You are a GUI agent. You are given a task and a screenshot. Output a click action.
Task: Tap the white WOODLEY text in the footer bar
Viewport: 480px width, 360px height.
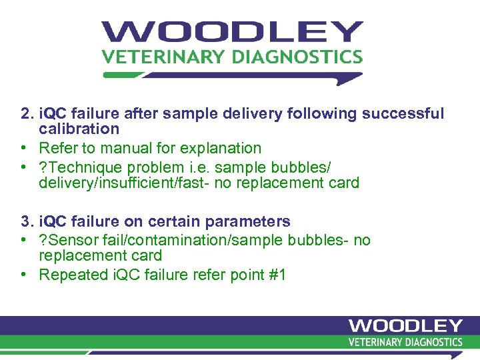[405, 326]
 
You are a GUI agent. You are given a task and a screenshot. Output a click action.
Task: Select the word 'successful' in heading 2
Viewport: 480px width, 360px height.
[403, 113]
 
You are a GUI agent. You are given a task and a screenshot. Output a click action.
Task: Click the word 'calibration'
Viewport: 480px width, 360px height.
[79, 129]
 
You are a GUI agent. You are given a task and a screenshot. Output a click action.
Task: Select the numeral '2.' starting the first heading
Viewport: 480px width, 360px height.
[26, 113]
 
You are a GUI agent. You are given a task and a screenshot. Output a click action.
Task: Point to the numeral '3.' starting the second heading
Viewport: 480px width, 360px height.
[26, 221]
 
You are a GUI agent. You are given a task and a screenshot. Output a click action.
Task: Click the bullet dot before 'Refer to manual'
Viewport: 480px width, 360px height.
[24, 148]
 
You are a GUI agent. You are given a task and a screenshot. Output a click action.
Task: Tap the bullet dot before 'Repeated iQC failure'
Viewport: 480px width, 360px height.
[24, 275]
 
